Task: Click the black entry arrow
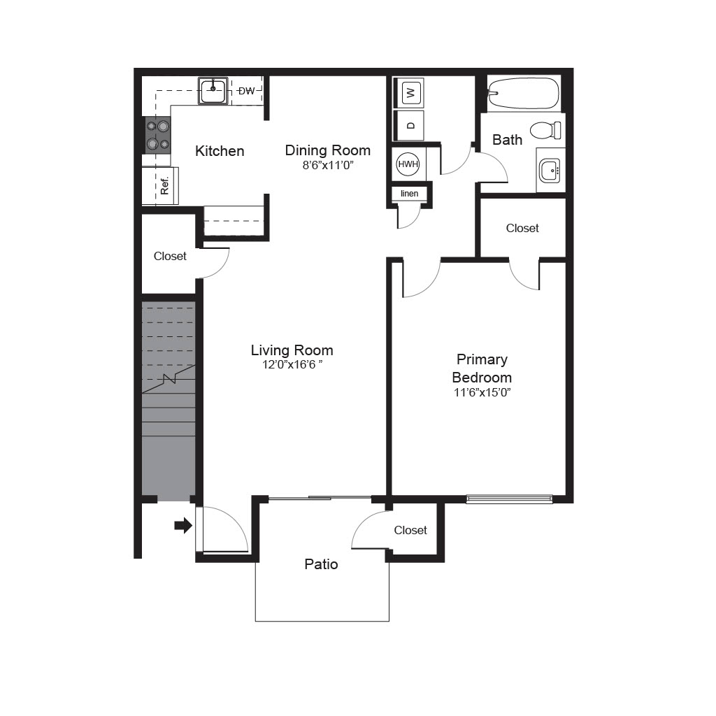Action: [x=183, y=525]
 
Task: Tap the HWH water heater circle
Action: [x=408, y=164]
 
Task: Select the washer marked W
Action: [x=410, y=93]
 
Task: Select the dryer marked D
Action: [x=410, y=126]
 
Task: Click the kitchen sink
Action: [x=213, y=91]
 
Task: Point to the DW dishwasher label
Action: [x=247, y=91]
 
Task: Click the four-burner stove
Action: [x=158, y=135]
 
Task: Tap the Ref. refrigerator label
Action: [x=165, y=185]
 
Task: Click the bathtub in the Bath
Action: [x=524, y=93]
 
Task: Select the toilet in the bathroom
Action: [x=545, y=130]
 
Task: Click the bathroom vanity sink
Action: [x=550, y=171]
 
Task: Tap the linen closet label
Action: [x=409, y=194]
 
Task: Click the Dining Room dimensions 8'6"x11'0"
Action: [x=328, y=165]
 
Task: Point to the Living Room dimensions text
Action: [x=292, y=364]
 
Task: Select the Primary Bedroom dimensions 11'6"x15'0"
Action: [x=482, y=392]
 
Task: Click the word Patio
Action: [x=321, y=564]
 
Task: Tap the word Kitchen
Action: [x=220, y=151]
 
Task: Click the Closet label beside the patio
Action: [x=410, y=530]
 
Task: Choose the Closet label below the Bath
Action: [x=522, y=228]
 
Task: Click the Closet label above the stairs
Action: [x=170, y=256]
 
